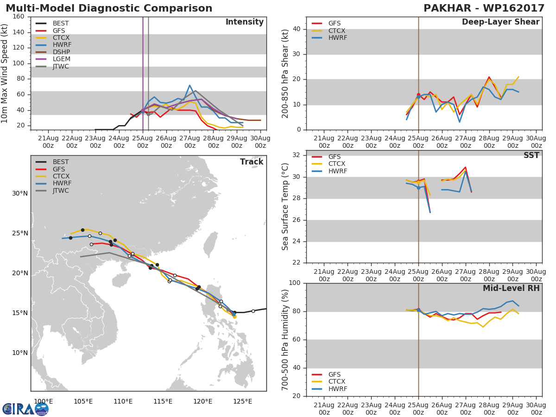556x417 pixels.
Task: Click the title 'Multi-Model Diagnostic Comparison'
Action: coord(109,8)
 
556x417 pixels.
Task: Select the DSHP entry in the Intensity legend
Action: coord(61,52)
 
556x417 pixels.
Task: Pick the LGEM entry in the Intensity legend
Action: coord(61,59)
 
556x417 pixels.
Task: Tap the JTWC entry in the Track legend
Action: coord(61,191)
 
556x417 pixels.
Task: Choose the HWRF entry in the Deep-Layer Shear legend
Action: coord(337,38)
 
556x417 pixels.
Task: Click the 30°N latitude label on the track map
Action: coord(19,194)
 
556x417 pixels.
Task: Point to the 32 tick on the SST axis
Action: coord(296,155)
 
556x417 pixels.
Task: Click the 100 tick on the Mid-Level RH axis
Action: coord(294,283)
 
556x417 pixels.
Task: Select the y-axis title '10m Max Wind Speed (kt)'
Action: coord(5,73)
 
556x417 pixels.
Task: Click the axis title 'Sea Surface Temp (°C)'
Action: coord(285,207)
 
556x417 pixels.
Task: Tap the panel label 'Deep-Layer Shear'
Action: coord(500,22)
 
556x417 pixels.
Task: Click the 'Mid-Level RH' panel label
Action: coord(511,288)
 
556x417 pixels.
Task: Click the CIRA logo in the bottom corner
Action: coord(25,409)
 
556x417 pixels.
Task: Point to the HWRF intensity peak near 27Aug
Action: coord(190,85)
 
